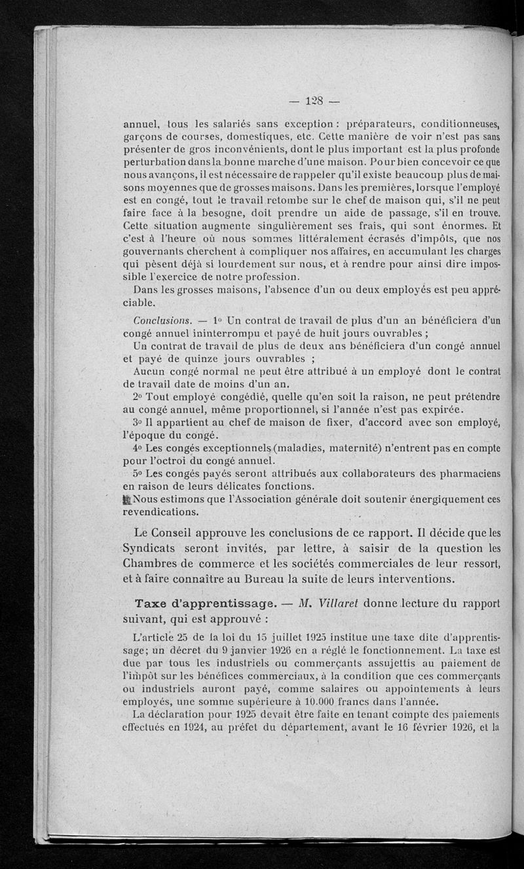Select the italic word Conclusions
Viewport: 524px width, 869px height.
[x=162, y=321]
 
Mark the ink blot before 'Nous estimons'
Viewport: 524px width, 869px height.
[x=128, y=498]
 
